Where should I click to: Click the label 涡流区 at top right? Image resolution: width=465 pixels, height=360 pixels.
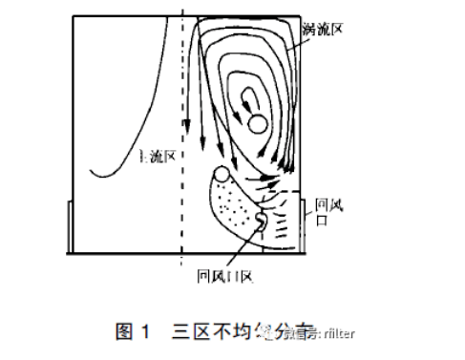(x=323, y=29)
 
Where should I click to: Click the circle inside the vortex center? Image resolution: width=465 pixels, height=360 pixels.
(x=256, y=123)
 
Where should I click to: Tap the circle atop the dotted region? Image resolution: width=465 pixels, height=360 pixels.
(x=222, y=174)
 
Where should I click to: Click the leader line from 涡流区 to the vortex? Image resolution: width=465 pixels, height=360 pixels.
(x=304, y=48)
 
